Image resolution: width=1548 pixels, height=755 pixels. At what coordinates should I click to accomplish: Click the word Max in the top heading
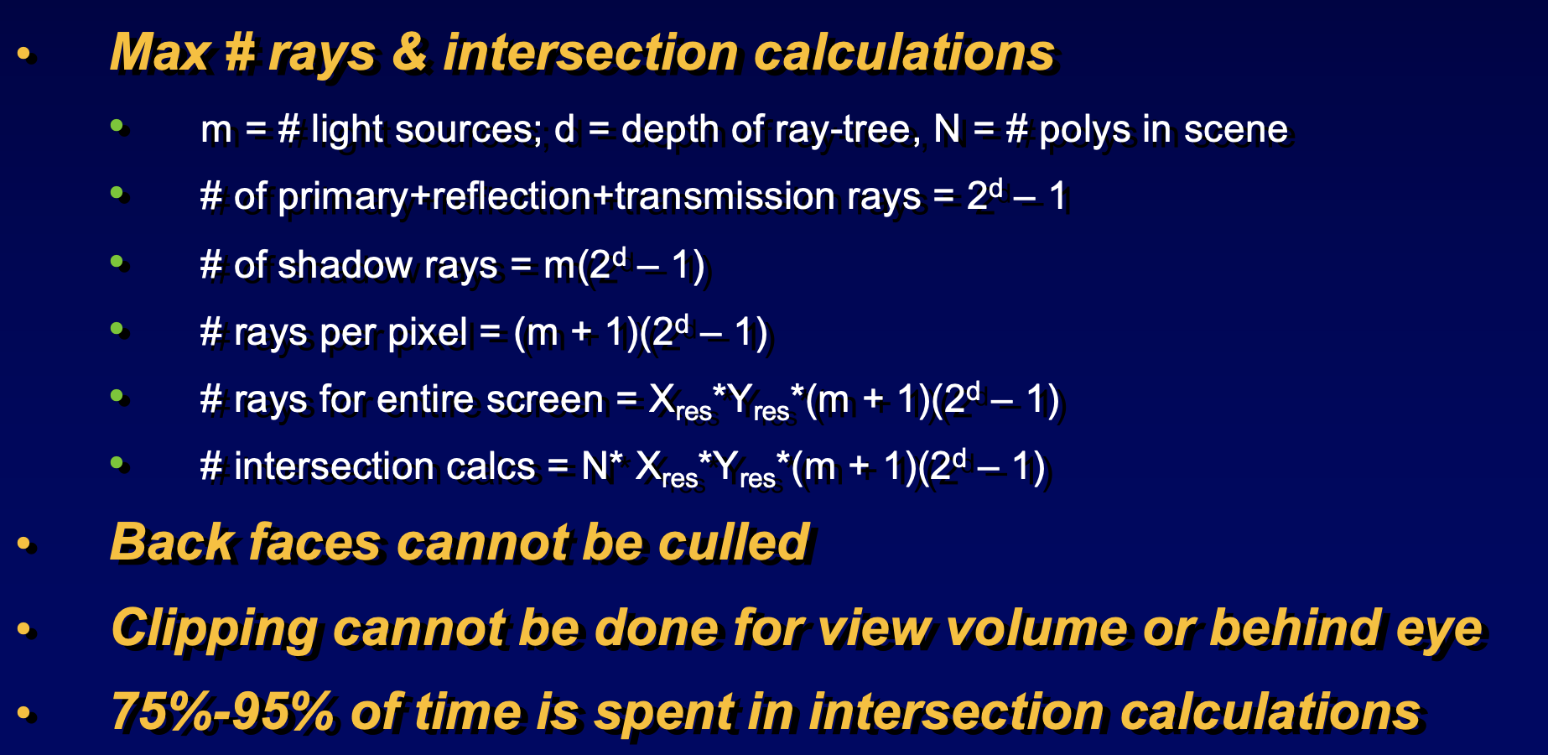pyautogui.click(x=159, y=53)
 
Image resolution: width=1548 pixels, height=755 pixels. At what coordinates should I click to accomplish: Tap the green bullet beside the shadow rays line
pyautogui.click(x=117, y=261)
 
